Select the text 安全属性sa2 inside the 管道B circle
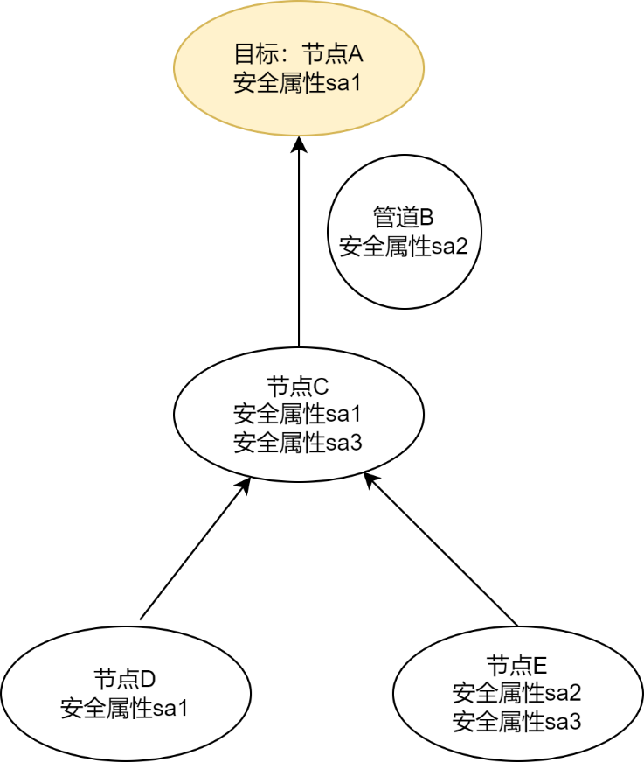(x=403, y=246)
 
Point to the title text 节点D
(x=124, y=680)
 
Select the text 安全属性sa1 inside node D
(x=124, y=708)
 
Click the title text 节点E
(x=517, y=665)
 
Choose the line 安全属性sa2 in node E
(x=517, y=693)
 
